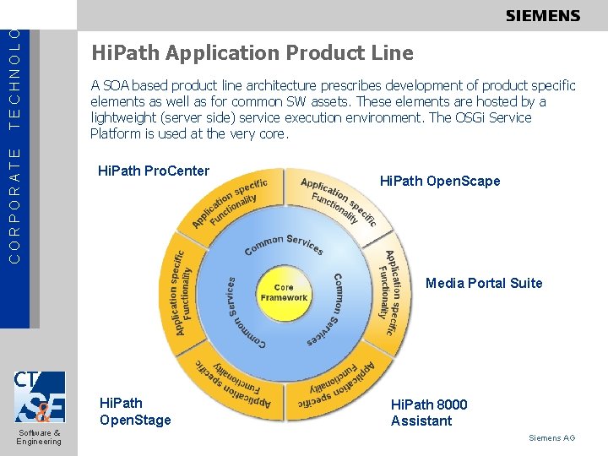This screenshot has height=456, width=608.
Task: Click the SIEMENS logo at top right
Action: (543, 15)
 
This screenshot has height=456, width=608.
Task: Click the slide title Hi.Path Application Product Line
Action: (252, 54)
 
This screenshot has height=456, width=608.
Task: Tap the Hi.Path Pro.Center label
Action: (154, 171)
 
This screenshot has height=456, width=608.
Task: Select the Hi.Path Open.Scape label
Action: (440, 181)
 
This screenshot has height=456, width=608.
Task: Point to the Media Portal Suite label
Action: (484, 283)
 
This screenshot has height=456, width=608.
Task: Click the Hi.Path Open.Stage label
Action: (135, 411)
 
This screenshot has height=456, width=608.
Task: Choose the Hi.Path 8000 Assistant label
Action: (429, 412)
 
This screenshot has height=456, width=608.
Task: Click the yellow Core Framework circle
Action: (284, 293)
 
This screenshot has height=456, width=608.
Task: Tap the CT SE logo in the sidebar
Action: (39, 396)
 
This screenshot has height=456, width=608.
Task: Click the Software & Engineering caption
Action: (39, 437)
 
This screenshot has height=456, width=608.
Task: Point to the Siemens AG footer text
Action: (551, 437)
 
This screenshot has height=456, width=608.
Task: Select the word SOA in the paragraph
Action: (120, 85)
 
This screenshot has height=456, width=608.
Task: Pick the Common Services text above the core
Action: (284, 244)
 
